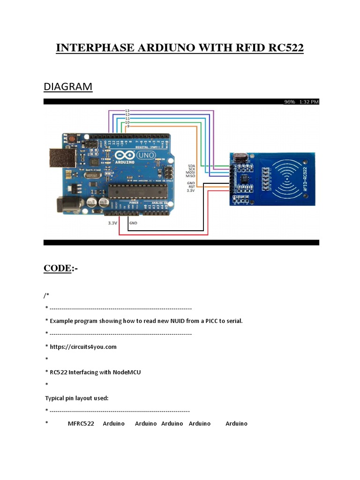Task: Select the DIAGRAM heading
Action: click(x=68, y=87)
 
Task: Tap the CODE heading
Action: click(x=57, y=268)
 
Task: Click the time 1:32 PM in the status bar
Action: click(x=308, y=102)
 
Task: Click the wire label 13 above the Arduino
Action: click(x=127, y=111)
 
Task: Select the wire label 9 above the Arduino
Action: click(x=128, y=126)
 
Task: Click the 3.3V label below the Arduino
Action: click(x=112, y=223)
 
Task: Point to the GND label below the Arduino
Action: click(x=133, y=223)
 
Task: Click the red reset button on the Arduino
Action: click(x=72, y=139)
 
